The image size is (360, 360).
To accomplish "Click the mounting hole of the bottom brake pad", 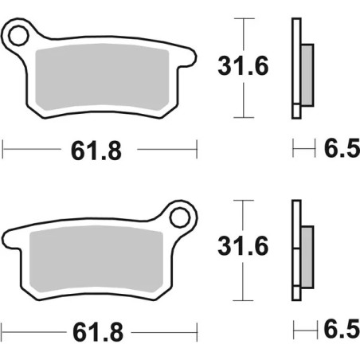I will coord(182,214).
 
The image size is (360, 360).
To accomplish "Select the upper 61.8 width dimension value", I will coord(100,148).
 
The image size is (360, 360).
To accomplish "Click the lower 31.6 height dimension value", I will coord(242,248).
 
